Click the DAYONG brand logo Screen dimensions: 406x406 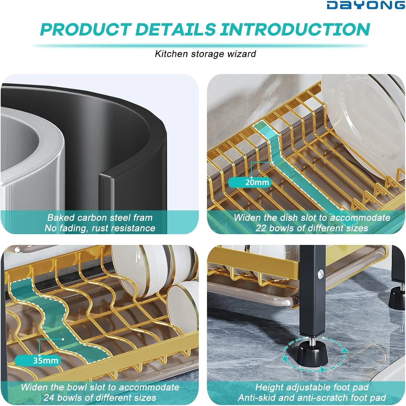point(366,5)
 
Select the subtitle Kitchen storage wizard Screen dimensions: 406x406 point(205,54)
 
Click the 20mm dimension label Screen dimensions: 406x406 point(257,182)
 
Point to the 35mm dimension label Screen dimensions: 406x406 point(45,361)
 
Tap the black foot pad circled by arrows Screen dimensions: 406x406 point(313,353)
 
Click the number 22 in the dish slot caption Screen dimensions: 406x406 point(261,228)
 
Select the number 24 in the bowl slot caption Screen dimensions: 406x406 point(49,398)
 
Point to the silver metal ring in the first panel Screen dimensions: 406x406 point(32,152)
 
